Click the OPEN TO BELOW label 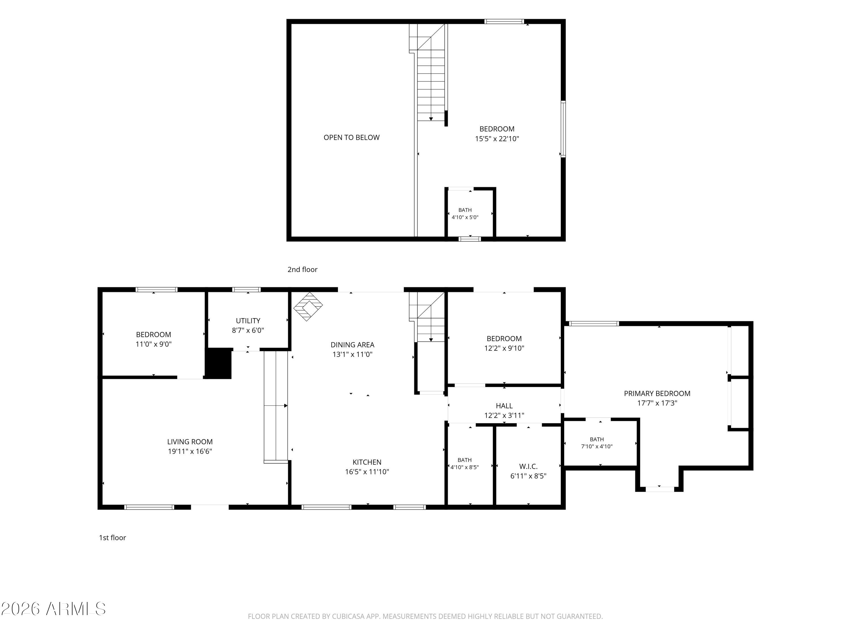pos(351,137)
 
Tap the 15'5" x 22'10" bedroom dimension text pos(497,138)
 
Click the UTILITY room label pos(248,320)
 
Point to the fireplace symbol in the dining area pos(308,306)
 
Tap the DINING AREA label pos(352,345)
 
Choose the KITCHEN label pos(367,462)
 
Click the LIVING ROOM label pos(190,442)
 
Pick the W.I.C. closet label pos(528,466)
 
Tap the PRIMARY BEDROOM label pos(657,393)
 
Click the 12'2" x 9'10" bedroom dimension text pos(504,348)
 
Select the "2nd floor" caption pos(302,269)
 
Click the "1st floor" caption pos(112,538)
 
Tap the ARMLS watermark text pos(76,609)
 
